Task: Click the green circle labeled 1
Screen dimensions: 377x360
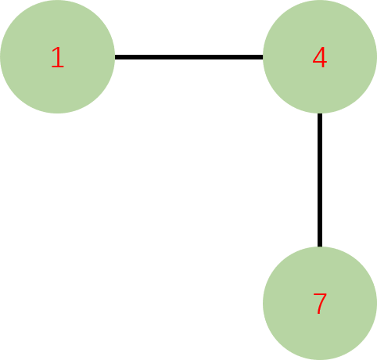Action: pos(57,56)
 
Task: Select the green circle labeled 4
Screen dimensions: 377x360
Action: pos(320,56)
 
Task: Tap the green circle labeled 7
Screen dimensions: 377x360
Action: pos(320,304)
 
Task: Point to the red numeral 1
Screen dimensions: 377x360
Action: pos(58,57)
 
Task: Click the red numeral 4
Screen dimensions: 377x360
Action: pos(320,57)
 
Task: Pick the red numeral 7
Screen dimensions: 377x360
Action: pos(320,304)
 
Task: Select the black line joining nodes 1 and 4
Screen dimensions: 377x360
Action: pos(188,57)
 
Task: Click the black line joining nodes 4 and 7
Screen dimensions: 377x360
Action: pos(320,180)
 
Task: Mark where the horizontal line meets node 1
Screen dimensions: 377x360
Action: pos(115,57)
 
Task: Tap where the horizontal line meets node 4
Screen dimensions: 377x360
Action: pos(263,57)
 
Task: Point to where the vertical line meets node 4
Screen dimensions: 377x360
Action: pos(320,113)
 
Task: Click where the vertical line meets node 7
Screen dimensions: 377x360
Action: pos(320,247)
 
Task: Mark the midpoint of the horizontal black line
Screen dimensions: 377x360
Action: pos(188,57)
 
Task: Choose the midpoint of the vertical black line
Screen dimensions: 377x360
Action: pos(320,180)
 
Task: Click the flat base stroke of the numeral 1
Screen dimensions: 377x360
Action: pos(58,67)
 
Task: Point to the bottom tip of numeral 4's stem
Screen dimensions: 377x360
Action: pos(323,67)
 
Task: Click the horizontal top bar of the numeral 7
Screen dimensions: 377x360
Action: pos(320,295)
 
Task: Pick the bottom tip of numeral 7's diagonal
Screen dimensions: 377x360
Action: pos(318,314)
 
